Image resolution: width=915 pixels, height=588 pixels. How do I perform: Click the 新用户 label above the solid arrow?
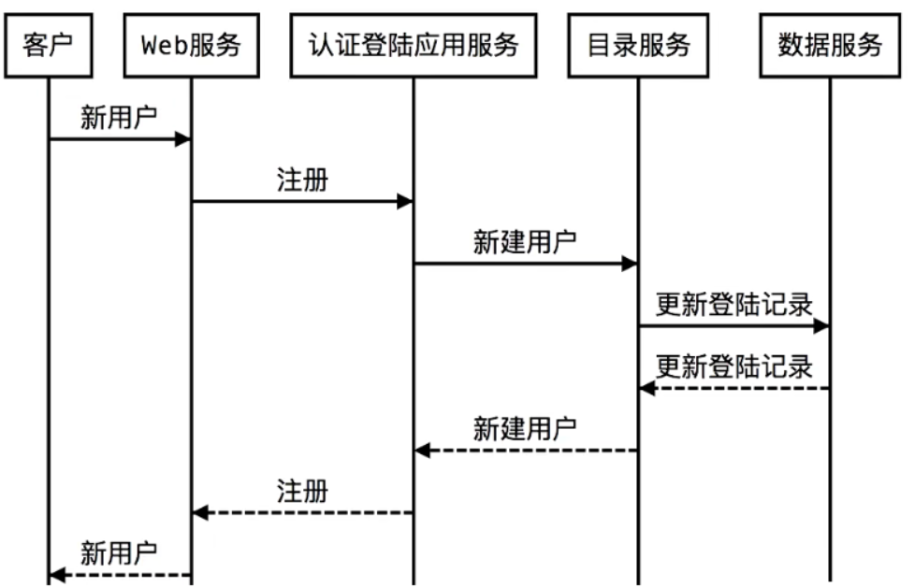(119, 119)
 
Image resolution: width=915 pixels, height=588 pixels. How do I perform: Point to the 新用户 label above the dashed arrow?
(119, 553)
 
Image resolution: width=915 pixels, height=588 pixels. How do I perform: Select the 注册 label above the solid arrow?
(302, 180)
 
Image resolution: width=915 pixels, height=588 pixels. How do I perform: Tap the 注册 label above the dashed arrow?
(302, 491)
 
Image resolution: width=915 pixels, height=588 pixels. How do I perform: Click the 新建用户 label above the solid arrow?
(525, 242)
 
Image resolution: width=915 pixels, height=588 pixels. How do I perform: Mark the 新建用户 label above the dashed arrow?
(525, 429)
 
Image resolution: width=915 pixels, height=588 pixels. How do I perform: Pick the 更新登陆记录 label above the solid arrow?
(733, 305)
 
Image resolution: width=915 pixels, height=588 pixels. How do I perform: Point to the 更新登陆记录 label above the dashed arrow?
(733, 366)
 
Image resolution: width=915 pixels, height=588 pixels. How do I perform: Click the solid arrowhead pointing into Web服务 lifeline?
(182, 139)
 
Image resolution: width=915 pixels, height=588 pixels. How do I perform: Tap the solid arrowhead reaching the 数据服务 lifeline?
(821, 326)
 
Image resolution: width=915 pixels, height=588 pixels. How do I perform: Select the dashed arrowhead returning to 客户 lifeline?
(57, 575)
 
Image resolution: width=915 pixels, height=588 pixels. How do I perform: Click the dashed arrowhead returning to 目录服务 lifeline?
(646, 388)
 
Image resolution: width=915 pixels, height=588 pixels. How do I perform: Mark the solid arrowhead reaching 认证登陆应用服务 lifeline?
(404, 201)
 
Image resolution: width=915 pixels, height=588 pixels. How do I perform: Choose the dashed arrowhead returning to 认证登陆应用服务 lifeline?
(422, 451)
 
